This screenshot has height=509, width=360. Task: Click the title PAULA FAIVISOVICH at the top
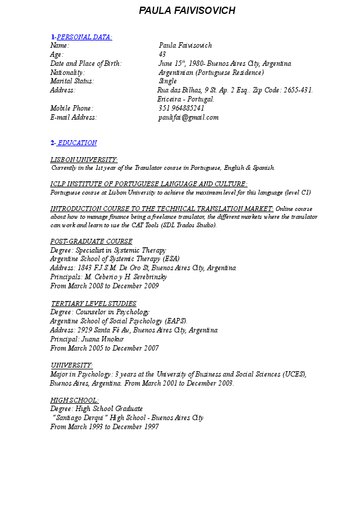click(187, 11)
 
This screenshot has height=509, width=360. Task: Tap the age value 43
click(162, 54)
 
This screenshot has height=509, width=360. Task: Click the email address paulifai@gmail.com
click(188, 117)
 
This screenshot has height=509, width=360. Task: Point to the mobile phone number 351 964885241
click(181, 108)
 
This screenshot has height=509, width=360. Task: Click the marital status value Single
click(167, 81)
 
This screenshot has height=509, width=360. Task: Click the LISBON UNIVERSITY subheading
click(84, 159)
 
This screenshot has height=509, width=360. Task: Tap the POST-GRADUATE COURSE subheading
click(91, 241)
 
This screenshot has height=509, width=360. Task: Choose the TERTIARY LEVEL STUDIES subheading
click(94, 303)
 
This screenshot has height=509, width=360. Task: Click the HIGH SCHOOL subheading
click(74, 400)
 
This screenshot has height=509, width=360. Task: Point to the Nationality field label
click(67, 73)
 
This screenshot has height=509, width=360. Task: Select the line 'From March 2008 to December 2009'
click(104, 286)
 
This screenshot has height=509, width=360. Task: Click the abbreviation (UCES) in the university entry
click(294, 374)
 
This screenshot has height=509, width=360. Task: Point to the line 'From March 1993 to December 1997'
click(104, 427)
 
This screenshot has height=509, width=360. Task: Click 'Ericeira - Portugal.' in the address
click(186, 99)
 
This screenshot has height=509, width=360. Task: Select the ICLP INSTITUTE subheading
click(149, 184)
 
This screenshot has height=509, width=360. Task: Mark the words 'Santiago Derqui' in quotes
click(80, 418)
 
